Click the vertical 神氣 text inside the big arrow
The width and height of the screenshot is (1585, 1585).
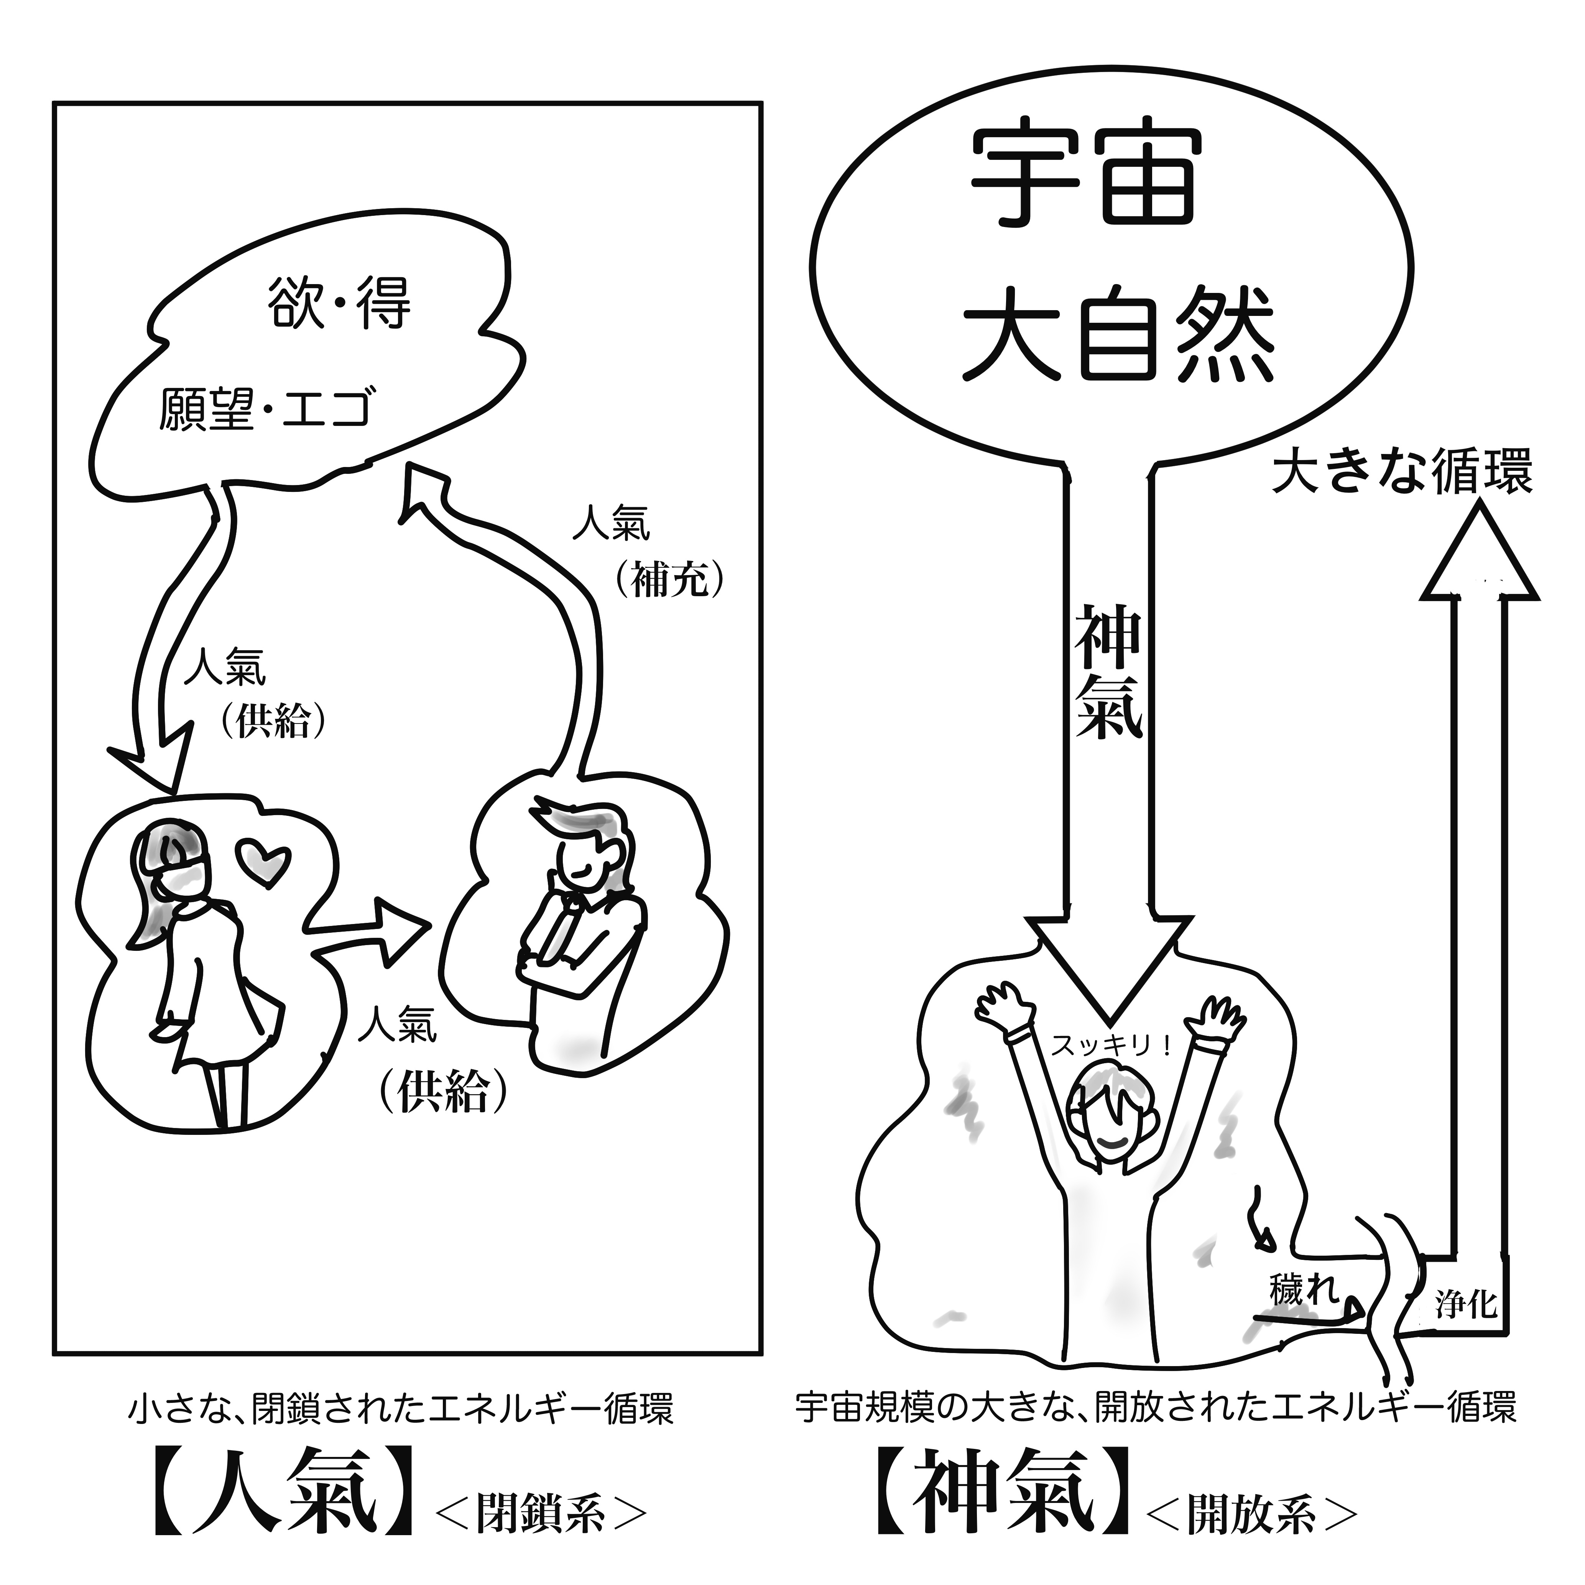tap(1108, 673)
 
